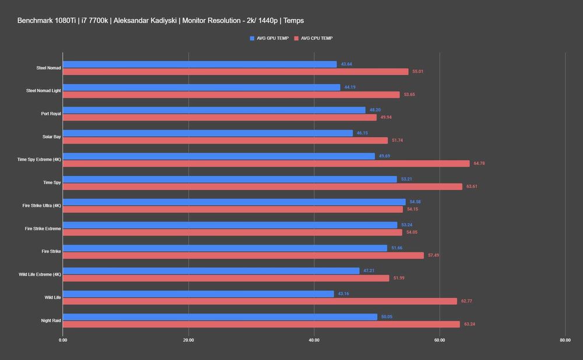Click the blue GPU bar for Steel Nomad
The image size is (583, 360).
[199, 64]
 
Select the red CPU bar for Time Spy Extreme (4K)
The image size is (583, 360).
[266, 164]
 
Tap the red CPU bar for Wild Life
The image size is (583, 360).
[259, 301]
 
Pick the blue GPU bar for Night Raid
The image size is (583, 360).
[220, 317]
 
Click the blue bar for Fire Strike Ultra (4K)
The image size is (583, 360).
[234, 202]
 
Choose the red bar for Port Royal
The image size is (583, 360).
[219, 118]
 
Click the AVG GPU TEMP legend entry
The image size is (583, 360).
[269, 38]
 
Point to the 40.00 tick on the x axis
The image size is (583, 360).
[314, 340]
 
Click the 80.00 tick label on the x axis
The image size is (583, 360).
[564, 340]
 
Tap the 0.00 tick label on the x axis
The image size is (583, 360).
[63, 340]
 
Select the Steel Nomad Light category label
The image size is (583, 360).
[43, 91]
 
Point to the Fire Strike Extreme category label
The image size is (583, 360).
[43, 229]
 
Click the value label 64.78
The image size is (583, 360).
[479, 164]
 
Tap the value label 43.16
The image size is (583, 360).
[344, 294]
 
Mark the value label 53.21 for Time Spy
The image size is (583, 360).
[407, 179]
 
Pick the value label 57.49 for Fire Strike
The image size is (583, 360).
[434, 255]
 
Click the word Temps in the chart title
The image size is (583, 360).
[293, 21]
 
